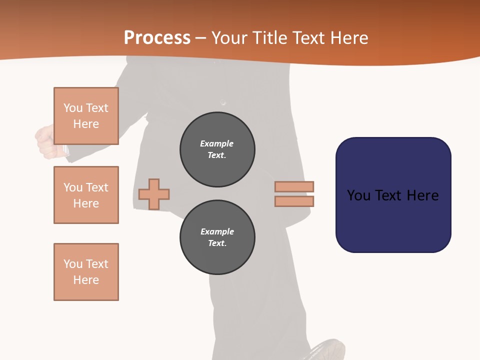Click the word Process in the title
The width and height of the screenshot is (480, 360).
157,37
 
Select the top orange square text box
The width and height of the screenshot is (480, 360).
86,116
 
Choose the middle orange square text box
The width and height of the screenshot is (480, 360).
86,195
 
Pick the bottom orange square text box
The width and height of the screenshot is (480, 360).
86,272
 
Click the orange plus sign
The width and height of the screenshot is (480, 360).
154,194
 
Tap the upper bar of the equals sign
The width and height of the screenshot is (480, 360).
294,186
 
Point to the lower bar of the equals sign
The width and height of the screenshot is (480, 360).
294,201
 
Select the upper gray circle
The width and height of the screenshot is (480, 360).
217,149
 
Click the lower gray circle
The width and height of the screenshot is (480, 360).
217,237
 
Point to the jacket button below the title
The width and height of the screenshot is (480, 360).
223,103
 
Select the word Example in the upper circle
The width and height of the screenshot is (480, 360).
217,143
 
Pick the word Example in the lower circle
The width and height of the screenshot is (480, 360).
217,231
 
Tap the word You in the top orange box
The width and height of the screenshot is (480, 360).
72,108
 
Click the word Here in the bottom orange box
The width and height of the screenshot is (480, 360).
86,280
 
